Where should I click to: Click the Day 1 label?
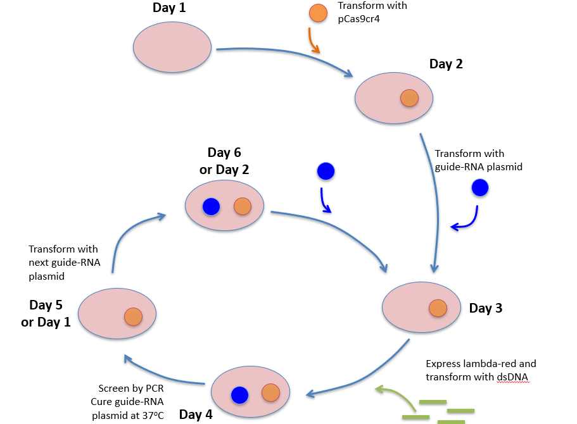[x=169, y=8]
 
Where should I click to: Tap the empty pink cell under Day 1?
[x=172, y=47]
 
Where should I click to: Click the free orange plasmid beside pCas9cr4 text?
[x=318, y=13]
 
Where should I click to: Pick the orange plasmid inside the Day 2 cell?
[x=410, y=98]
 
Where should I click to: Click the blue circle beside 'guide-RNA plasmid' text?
[x=480, y=187]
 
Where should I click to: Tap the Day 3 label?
[x=486, y=308]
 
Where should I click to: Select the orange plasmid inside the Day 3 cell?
[x=438, y=308]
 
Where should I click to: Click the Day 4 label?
[x=196, y=415]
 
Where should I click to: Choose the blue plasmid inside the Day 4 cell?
[x=239, y=395]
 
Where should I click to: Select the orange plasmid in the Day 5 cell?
[x=133, y=316]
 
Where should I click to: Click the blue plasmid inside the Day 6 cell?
[x=211, y=206]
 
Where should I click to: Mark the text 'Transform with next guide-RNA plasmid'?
[x=65, y=263]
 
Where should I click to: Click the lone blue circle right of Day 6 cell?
[x=326, y=171]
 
